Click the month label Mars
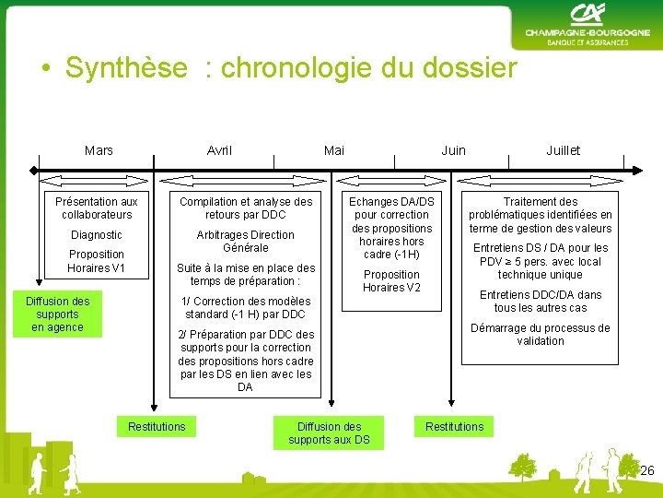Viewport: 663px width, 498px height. (99, 150)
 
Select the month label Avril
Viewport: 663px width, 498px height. (220, 150)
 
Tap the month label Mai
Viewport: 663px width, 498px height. (334, 150)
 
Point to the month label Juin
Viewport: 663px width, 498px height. (454, 150)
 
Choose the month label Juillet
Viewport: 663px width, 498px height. (563, 150)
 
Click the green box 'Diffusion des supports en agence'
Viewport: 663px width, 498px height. (58, 314)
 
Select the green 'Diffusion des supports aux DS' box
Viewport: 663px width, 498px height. (329, 433)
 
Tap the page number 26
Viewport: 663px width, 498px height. (647, 471)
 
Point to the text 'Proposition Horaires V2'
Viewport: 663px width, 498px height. (391, 281)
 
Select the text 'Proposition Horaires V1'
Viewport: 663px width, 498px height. (96, 261)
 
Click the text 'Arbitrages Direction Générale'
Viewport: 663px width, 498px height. (246, 242)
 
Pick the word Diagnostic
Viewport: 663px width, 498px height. (96, 235)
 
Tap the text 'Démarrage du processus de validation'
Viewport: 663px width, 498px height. (541, 335)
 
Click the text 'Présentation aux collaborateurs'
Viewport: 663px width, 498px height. (96, 207)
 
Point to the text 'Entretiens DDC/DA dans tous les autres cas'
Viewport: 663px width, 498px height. (541, 302)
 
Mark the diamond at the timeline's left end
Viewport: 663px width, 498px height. (35, 169)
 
